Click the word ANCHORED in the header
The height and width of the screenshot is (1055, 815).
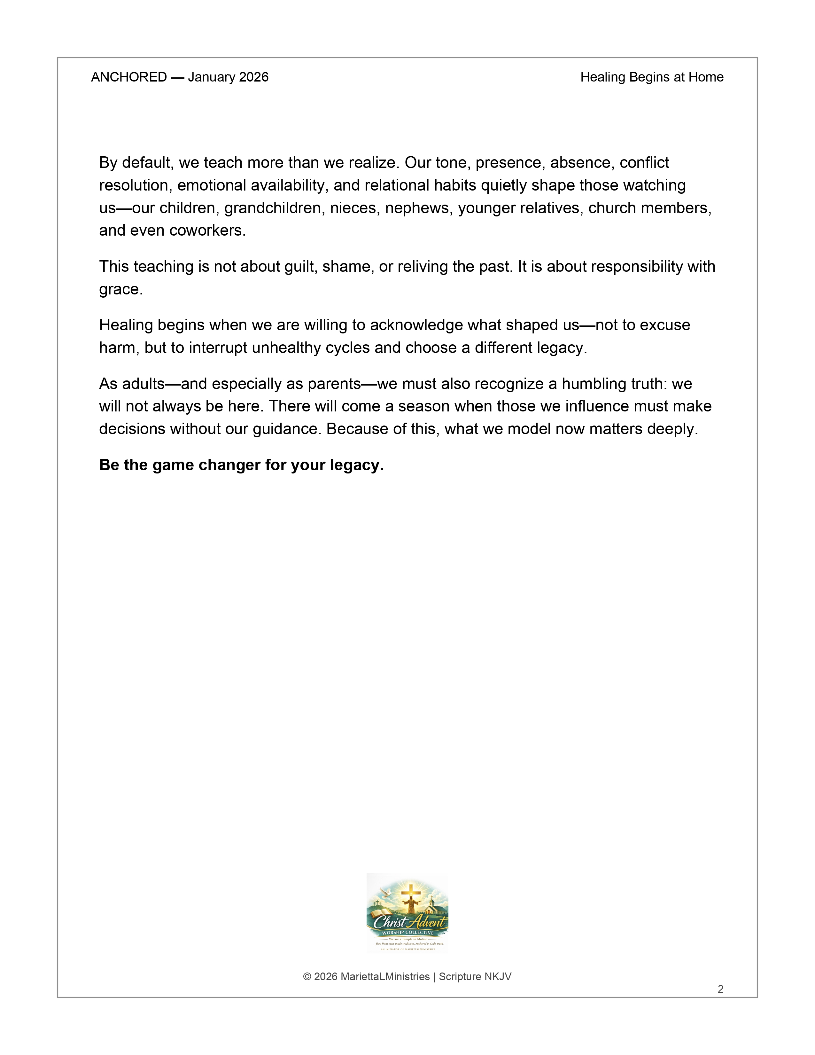coord(129,77)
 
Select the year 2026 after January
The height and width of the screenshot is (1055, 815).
coord(253,77)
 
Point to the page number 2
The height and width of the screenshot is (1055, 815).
coord(720,989)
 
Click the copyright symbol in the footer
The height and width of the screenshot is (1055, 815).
coord(307,977)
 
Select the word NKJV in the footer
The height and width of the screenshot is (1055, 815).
coord(498,977)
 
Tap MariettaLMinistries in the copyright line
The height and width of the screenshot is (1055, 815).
coord(385,977)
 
